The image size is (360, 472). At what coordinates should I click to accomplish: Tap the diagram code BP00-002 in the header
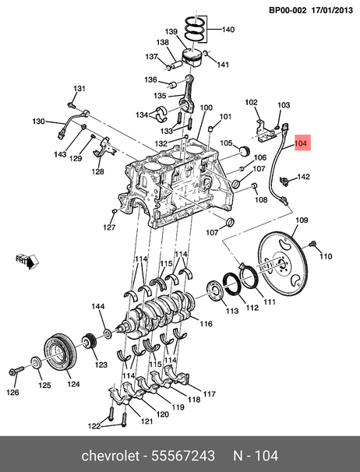pyautogui.click(x=288, y=10)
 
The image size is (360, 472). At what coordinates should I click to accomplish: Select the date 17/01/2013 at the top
pyautogui.click(x=332, y=10)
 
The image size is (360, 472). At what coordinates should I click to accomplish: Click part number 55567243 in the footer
pyautogui.click(x=183, y=456)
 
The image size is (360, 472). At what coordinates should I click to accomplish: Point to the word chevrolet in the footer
pyautogui.click(x=111, y=456)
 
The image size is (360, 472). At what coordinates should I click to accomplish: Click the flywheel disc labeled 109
pyautogui.click(x=282, y=264)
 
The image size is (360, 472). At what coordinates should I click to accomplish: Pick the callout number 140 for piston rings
pyautogui.click(x=228, y=30)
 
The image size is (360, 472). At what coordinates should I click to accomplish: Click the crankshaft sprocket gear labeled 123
pyautogui.click(x=88, y=342)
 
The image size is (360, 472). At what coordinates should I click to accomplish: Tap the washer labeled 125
pyautogui.click(x=37, y=362)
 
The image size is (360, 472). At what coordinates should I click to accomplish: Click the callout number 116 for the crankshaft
pyautogui.click(x=206, y=323)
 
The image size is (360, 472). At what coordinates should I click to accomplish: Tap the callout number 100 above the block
pyautogui.click(x=206, y=107)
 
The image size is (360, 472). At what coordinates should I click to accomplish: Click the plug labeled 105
pyautogui.click(x=245, y=150)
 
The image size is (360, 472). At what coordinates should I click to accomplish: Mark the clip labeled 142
pyautogui.click(x=284, y=180)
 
